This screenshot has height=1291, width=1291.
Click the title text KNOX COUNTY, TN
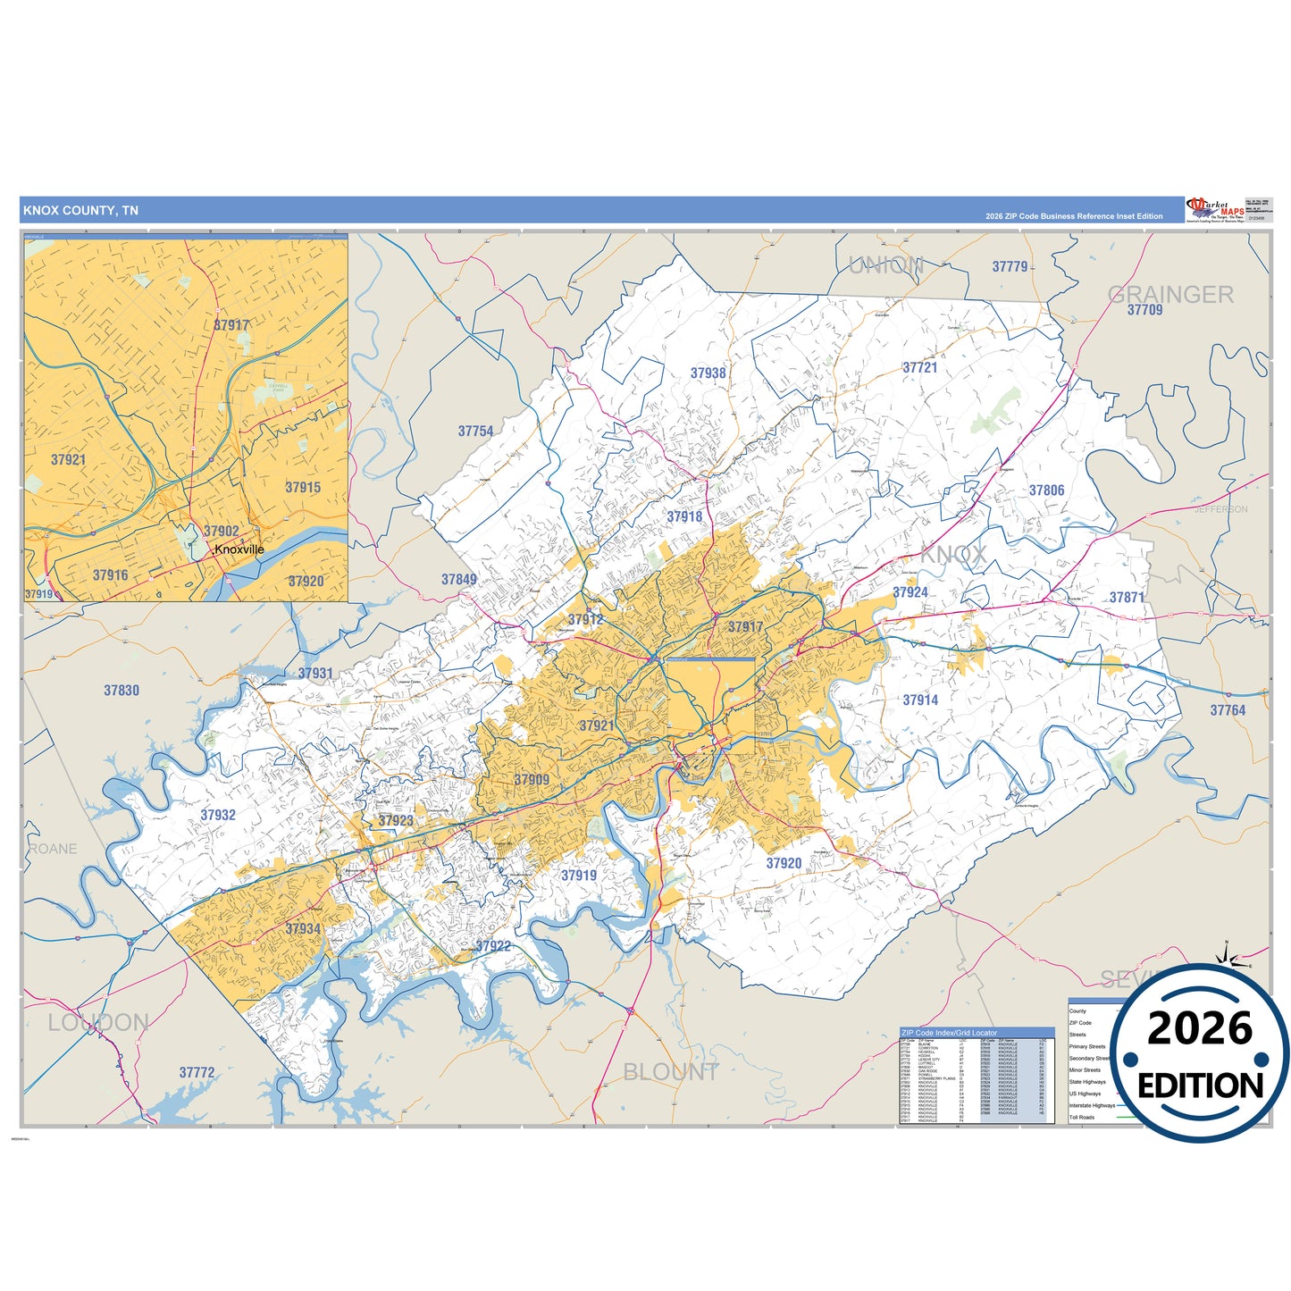point(80,211)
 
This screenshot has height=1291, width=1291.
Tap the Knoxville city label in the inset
point(239,549)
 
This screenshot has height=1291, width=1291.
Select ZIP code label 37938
point(708,373)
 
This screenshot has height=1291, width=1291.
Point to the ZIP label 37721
point(919,367)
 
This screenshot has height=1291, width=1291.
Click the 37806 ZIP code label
point(1046,490)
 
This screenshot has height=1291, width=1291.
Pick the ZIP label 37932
point(218,815)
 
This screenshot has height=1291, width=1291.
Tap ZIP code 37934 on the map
point(303,929)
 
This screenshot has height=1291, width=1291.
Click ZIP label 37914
point(920,700)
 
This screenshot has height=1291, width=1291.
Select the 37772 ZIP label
point(197,1072)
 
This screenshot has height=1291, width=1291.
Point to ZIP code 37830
point(122,691)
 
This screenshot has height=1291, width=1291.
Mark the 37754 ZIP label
point(475,432)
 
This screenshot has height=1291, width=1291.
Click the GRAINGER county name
point(1170,294)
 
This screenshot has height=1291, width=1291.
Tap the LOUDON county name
point(98,1023)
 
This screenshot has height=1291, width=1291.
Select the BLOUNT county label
point(670,1072)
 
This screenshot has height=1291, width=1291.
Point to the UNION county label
point(885,265)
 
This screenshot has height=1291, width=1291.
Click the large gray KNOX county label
point(953,555)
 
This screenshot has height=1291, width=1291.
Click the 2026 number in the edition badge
point(1200,1028)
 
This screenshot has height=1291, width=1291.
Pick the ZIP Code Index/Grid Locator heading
point(949,1033)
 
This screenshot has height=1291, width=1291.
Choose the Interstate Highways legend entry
point(1092,1105)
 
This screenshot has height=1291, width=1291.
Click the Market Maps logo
point(1215,210)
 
